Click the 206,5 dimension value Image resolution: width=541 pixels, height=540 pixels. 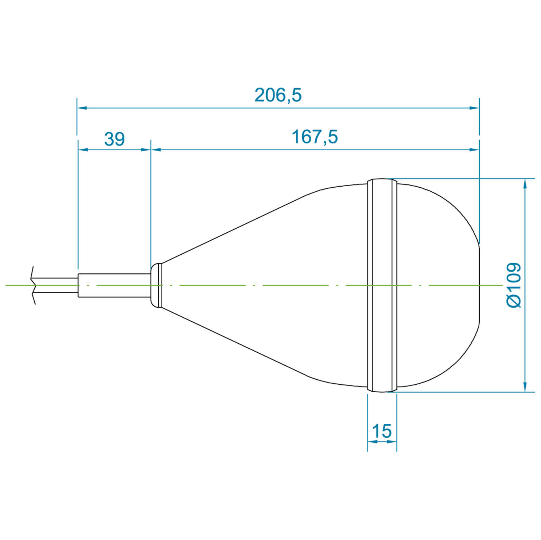[278, 95]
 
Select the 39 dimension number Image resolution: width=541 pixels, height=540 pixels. [115, 139]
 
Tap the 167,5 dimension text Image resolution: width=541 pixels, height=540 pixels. [315, 137]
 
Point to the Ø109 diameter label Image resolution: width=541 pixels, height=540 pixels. [514, 285]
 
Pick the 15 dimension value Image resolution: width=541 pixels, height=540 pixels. [382, 431]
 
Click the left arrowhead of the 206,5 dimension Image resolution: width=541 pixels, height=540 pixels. [82, 107]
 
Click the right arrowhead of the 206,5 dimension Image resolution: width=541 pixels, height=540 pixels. [474, 107]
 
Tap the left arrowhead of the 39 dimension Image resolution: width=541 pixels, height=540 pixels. [83, 149]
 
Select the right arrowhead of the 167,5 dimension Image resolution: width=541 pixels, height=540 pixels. [474, 149]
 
